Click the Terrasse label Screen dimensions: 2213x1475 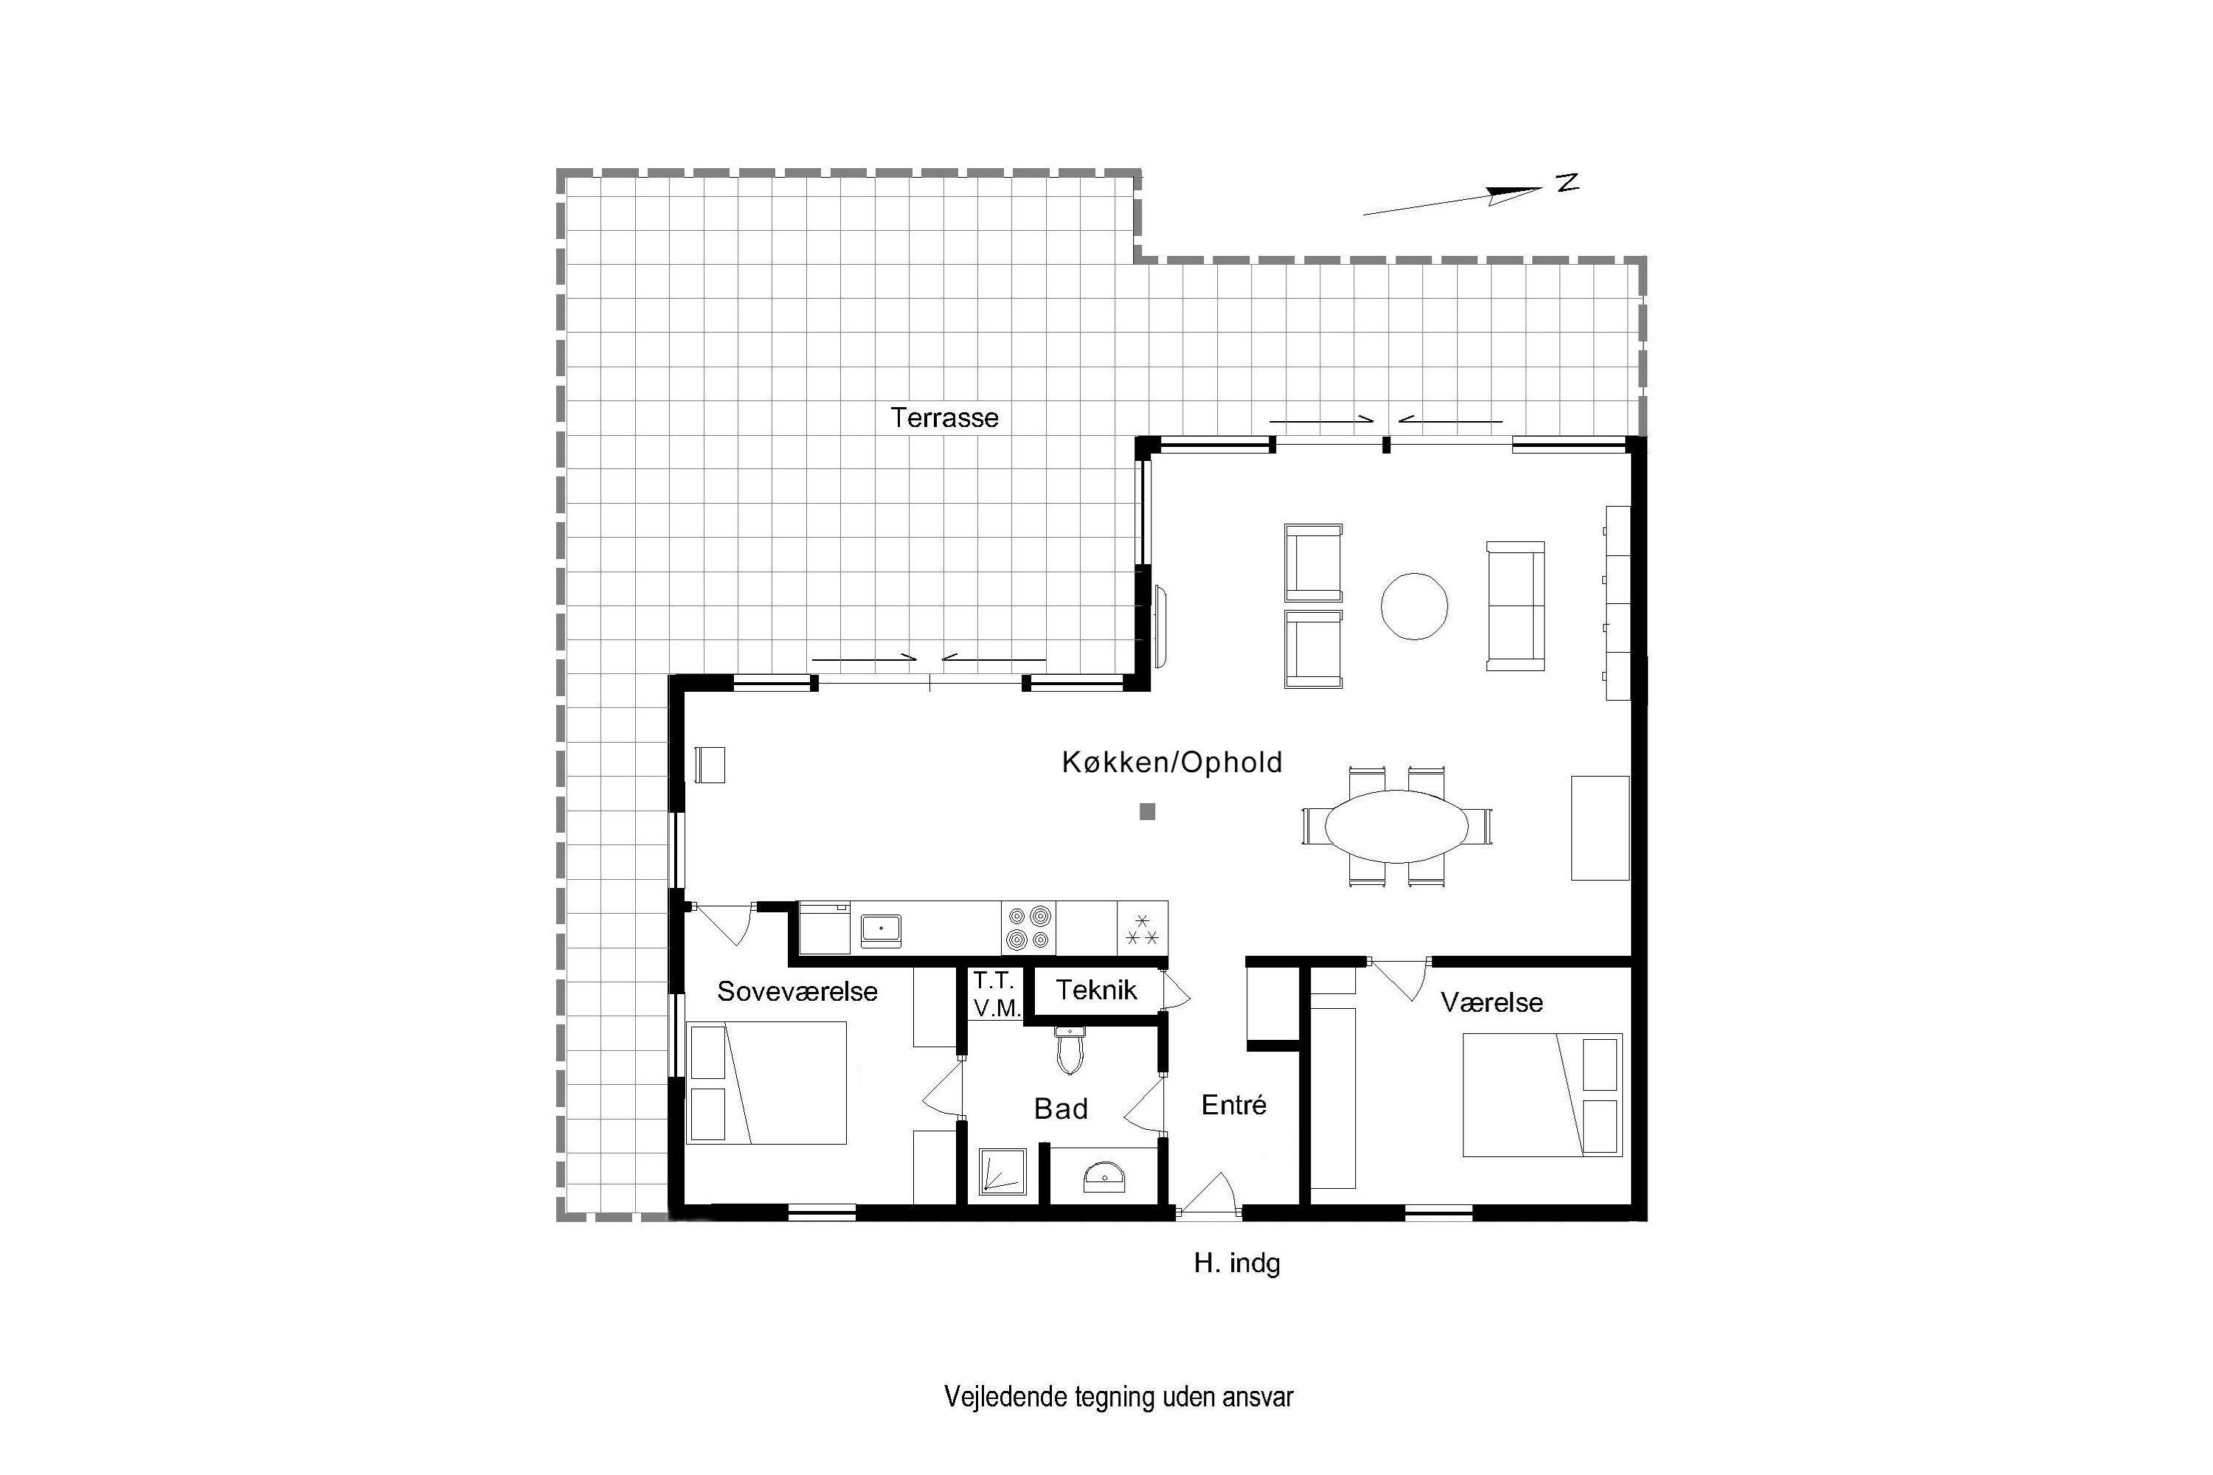(945, 417)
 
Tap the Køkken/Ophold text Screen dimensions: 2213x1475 (1172, 762)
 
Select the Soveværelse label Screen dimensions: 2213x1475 (797, 990)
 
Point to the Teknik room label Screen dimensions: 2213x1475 (1096, 990)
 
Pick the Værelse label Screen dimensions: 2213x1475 (1492, 1003)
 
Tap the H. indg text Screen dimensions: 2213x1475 (1237, 1263)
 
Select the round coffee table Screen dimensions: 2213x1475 (1414, 607)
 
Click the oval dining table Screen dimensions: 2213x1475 (1397, 826)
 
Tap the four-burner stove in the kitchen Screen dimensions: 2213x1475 (1028, 928)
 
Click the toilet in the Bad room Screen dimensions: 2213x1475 (1070, 1049)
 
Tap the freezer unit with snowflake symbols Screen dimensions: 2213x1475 (1142, 928)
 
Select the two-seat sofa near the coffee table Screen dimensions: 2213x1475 (1515, 607)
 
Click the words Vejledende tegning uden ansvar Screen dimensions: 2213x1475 (1119, 1397)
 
